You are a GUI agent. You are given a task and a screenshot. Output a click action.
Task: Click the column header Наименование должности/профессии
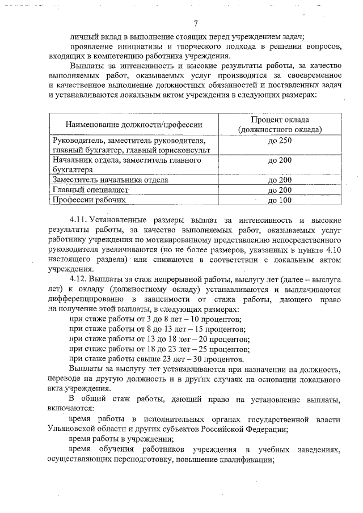coord(133,124)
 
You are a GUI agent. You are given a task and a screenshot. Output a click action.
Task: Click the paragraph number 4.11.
coord(78,218)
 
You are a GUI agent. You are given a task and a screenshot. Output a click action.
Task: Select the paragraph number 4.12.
coord(78,279)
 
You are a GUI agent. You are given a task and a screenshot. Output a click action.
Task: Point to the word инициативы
coord(145,44)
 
